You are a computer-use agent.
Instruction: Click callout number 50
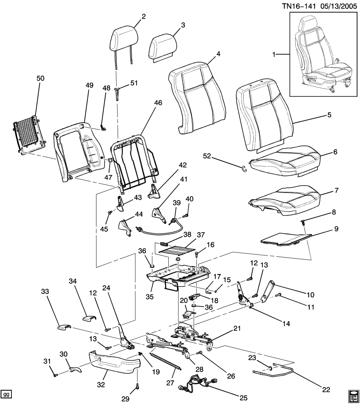pyautogui.click(x=41, y=79)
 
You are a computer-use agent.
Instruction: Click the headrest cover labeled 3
pyautogui.click(x=162, y=45)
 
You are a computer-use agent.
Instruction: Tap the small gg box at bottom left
pyautogui.click(x=6, y=394)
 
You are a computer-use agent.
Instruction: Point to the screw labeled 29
pyautogui.click(x=137, y=385)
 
